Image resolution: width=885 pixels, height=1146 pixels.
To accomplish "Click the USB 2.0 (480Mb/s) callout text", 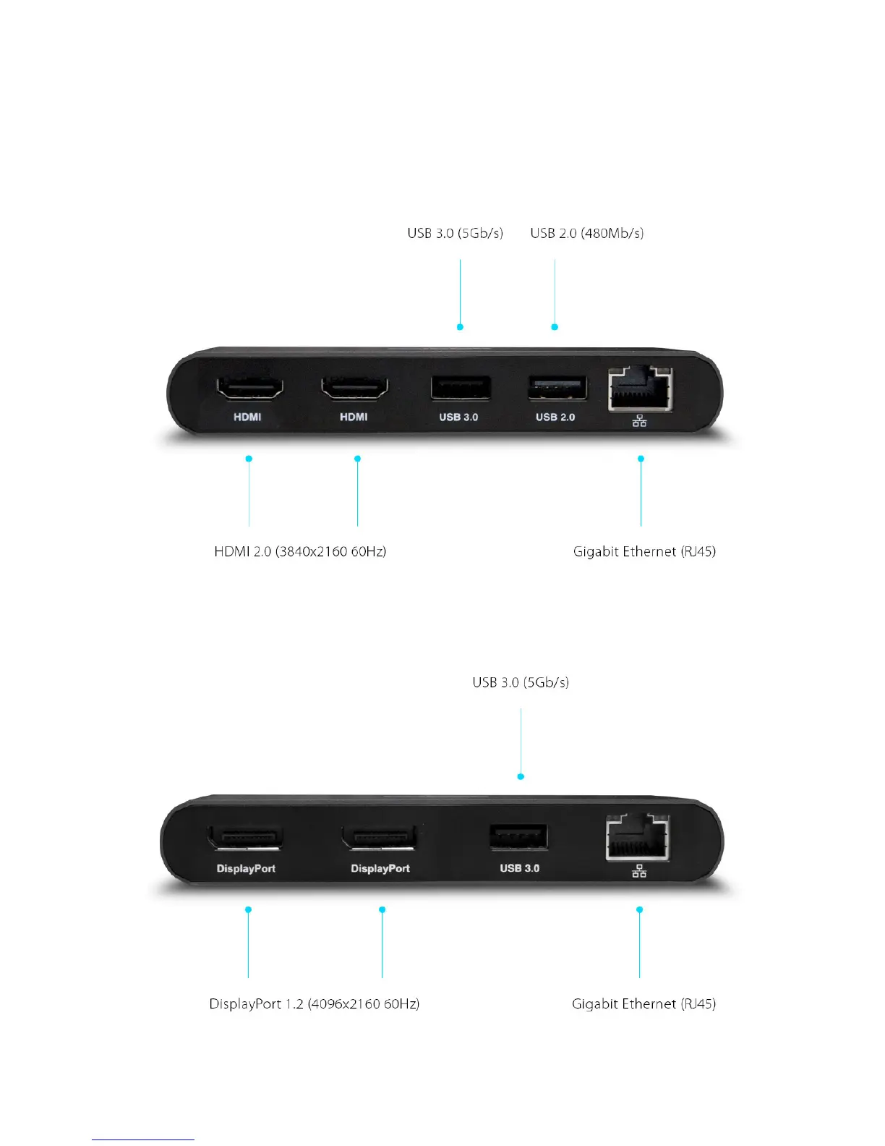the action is point(586,233).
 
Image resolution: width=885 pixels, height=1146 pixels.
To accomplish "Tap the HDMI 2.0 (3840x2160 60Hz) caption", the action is point(300,551).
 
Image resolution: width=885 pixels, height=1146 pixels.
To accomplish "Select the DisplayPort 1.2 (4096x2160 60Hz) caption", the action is point(314,1003).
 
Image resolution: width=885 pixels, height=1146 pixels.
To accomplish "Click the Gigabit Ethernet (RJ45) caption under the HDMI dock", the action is point(644,551).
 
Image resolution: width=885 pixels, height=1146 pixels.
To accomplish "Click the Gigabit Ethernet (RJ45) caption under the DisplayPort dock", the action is point(644,1003).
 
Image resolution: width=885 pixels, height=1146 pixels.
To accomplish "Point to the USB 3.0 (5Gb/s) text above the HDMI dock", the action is point(455,233).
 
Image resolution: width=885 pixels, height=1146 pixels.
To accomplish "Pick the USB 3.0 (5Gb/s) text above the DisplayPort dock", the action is point(521,682).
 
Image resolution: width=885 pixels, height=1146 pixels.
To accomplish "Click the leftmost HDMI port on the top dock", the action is point(249,389).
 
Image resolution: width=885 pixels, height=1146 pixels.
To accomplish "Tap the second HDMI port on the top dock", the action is point(354,389).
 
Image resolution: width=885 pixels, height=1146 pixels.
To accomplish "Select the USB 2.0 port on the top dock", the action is point(557,389).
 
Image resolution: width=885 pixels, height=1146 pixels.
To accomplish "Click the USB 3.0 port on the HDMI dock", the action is point(461,388).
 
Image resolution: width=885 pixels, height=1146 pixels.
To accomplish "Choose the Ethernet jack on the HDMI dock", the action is point(641,389).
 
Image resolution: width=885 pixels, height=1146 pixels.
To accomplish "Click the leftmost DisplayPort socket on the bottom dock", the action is point(245,839).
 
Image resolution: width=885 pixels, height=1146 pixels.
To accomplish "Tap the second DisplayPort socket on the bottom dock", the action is point(380,838).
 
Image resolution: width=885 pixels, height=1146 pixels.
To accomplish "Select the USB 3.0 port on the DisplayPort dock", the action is point(519,837).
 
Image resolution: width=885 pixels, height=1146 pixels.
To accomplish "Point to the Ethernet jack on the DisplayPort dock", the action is point(638,837).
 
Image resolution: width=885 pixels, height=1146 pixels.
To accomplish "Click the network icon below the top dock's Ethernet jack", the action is point(639,421).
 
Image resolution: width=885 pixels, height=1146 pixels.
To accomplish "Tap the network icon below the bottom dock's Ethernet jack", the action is point(639,872).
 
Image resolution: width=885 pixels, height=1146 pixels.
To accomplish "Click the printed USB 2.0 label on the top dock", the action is point(555,417).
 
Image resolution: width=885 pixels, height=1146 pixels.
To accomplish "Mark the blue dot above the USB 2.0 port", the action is point(555,327).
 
